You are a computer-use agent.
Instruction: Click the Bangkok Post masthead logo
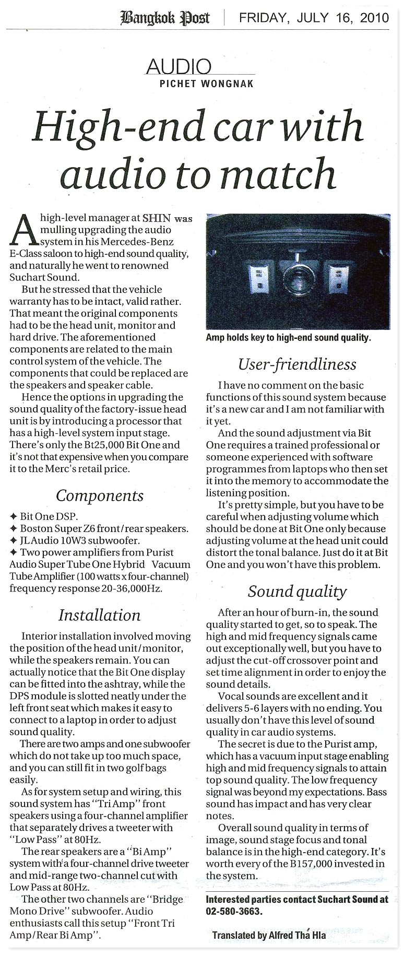point(165,18)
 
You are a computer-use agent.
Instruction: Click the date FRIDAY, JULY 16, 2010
point(314,18)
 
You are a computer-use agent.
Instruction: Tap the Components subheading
point(99,495)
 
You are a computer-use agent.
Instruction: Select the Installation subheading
point(99,615)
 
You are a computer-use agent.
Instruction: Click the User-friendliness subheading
point(297,364)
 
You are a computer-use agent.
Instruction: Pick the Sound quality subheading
point(297,591)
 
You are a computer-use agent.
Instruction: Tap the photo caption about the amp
point(288,338)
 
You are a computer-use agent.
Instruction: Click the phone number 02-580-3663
point(234,911)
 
